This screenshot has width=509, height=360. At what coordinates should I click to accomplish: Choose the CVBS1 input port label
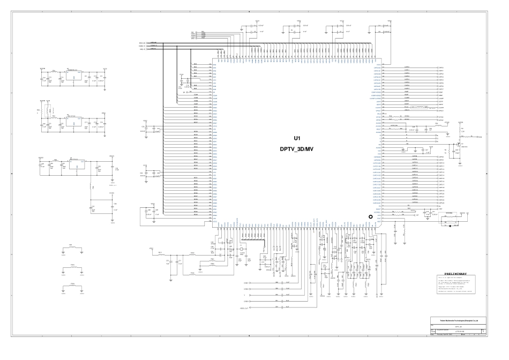click(246, 282)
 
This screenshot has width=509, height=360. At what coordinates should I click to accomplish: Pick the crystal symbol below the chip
click(242, 250)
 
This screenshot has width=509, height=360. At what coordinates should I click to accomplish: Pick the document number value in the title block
click(459, 332)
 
